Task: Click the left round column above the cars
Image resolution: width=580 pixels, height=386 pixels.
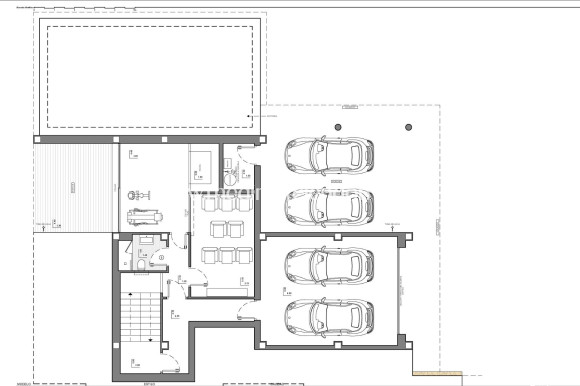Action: (337, 127)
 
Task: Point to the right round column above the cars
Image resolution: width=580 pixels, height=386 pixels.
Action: (407, 127)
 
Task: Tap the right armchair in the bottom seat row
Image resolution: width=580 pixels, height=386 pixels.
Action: (240, 254)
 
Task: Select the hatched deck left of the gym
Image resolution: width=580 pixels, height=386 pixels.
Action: (72, 186)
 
